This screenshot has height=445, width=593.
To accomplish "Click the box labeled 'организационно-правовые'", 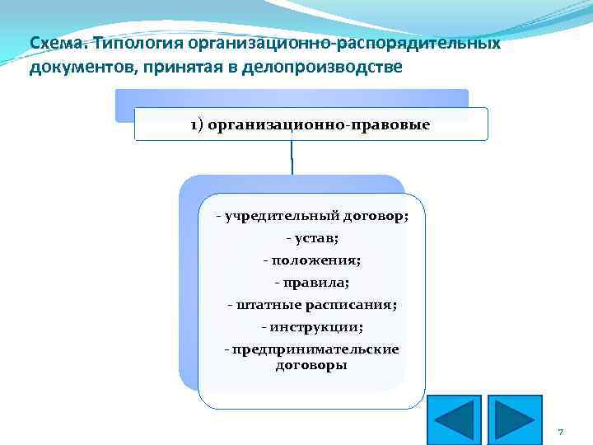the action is [x=311, y=124].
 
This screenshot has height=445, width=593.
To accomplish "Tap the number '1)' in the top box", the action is [x=198, y=124].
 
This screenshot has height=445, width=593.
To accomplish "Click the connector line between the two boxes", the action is [x=292, y=157].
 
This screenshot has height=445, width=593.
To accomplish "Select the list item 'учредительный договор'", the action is [x=312, y=216].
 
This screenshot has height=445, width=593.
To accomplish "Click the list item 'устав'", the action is [x=312, y=238].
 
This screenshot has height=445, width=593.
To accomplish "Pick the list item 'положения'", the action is [x=312, y=260].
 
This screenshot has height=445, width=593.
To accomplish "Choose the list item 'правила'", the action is [x=312, y=283].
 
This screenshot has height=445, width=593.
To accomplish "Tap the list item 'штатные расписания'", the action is [x=312, y=305].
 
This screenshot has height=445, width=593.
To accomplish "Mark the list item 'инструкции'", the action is [x=312, y=327].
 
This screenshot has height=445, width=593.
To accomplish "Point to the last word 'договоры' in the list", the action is [x=311, y=364].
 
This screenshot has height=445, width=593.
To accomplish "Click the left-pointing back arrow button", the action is [x=455, y=420].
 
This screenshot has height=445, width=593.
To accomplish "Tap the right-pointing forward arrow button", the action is [x=515, y=420].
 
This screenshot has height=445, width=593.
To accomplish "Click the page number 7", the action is [x=560, y=432].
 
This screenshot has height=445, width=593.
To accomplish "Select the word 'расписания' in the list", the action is [x=355, y=305].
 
